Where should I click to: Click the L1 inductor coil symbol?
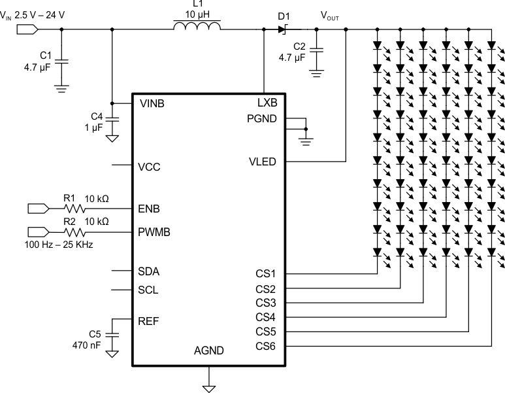tap(197, 27)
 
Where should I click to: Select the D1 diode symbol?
tap(284, 29)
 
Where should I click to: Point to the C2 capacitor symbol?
tap(317, 50)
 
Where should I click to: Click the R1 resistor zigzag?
tap(73, 209)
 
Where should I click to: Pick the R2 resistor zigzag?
tap(73, 231)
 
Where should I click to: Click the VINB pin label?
tap(152, 103)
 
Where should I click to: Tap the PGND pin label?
tap(261, 118)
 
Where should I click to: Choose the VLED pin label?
tap(262, 162)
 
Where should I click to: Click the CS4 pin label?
tap(266, 317)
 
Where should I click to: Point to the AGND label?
tap(209, 350)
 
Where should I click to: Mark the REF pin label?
tap(148, 321)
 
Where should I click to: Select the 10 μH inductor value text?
tap(197, 13)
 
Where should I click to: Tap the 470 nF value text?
tap(87, 344)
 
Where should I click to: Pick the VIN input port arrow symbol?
tap(27, 29)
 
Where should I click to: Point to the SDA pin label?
tap(149, 271)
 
